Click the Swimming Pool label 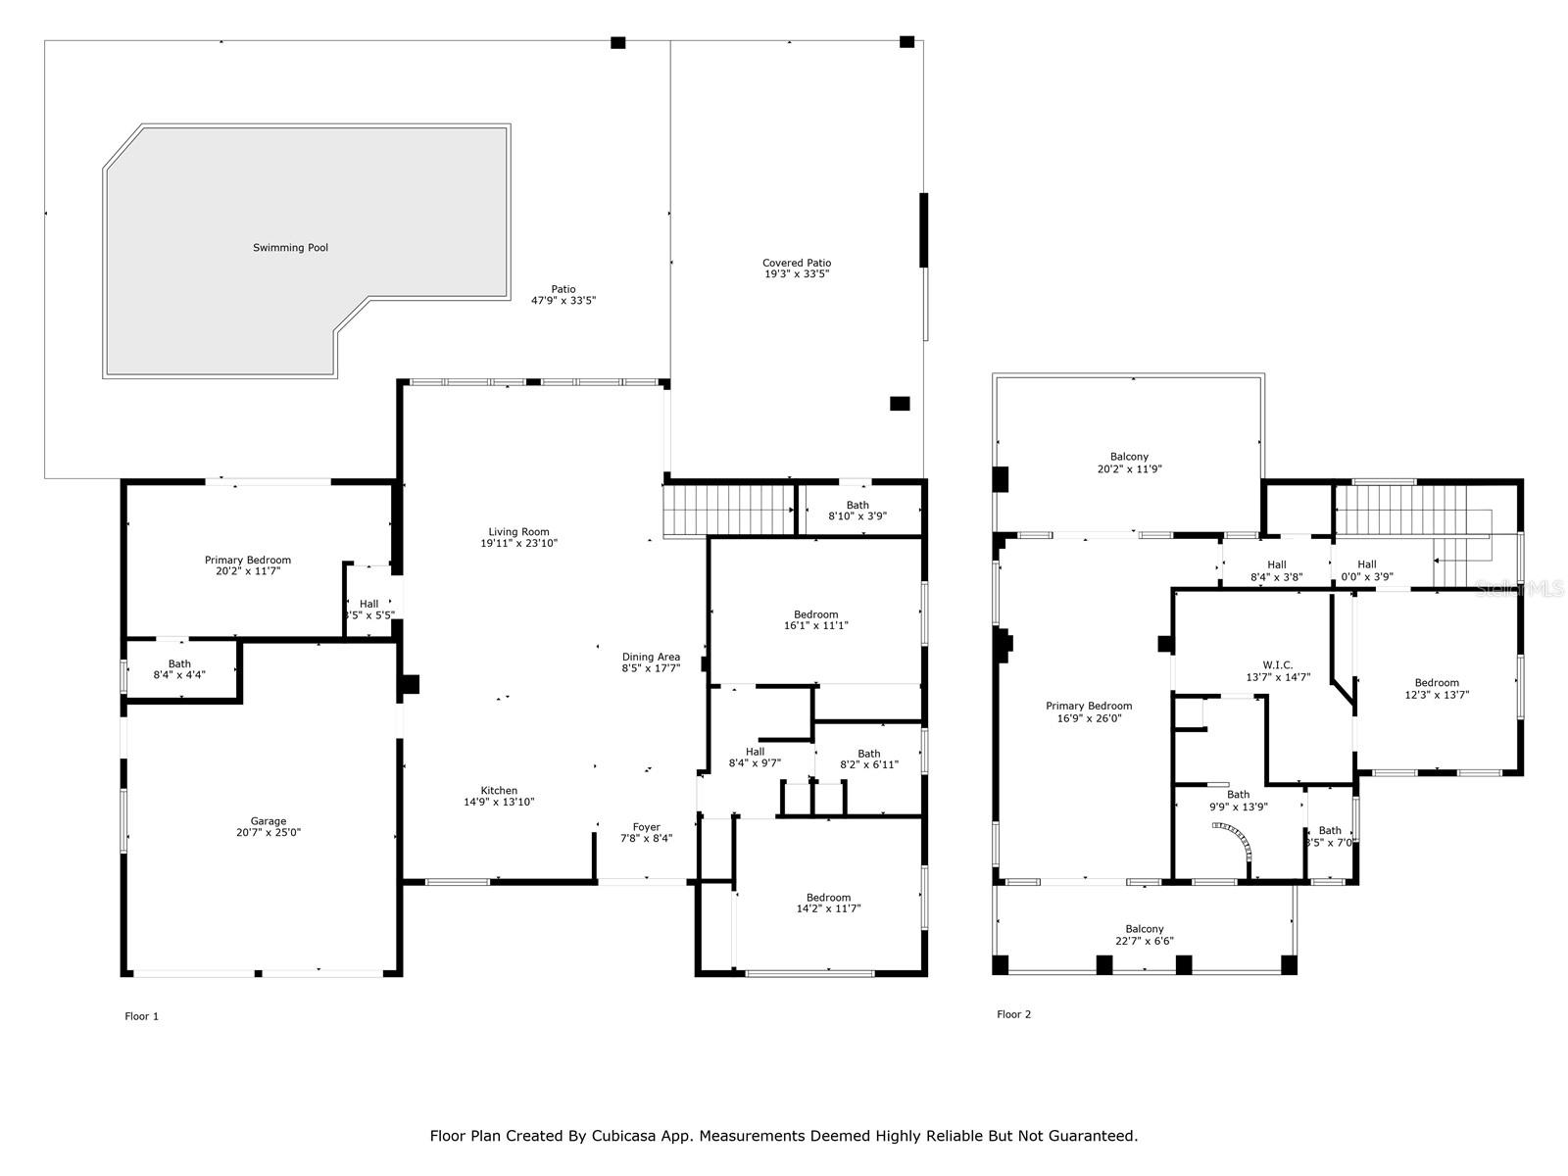pyautogui.click(x=290, y=248)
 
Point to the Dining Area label pyautogui.click(x=651, y=658)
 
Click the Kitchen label pyautogui.click(x=499, y=791)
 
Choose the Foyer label pyautogui.click(x=646, y=827)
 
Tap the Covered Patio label pyautogui.click(x=797, y=263)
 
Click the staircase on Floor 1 pyautogui.click(x=728, y=510)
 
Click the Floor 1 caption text pyautogui.click(x=141, y=1016)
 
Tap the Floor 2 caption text pyautogui.click(x=1013, y=1014)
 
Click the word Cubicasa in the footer pyautogui.click(x=620, y=1136)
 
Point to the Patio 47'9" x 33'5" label pyautogui.click(x=563, y=294)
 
